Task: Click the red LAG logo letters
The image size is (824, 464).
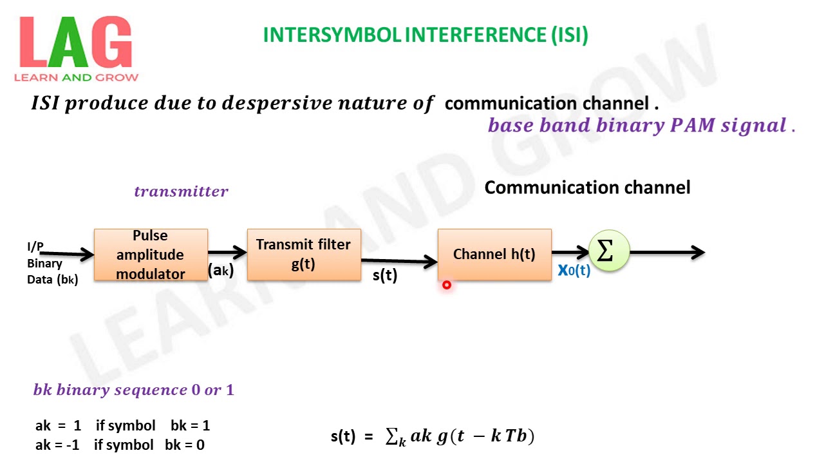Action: tap(75, 44)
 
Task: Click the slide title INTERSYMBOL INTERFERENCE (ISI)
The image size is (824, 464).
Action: tap(426, 35)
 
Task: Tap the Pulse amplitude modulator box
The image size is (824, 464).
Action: tap(151, 255)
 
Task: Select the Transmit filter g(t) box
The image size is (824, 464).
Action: tap(303, 255)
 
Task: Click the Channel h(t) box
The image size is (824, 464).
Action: tap(494, 255)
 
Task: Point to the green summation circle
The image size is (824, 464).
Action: tap(608, 251)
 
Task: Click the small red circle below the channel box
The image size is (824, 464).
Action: tap(446, 285)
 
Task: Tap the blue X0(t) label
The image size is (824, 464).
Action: tap(574, 271)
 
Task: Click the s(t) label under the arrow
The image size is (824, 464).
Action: tap(385, 275)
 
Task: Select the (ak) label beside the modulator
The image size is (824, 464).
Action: tap(220, 271)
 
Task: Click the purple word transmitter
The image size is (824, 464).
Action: tap(181, 191)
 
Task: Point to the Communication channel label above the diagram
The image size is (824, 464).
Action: tap(587, 188)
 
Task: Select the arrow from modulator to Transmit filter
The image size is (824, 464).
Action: tap(227, 253)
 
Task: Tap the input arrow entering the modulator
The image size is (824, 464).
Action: tap(67, 255)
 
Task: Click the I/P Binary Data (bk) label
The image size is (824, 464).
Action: tap(52, 264)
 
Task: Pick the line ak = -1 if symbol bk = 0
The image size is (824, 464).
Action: tap(120, 445)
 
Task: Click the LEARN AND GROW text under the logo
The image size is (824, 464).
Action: tap(76, 77)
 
